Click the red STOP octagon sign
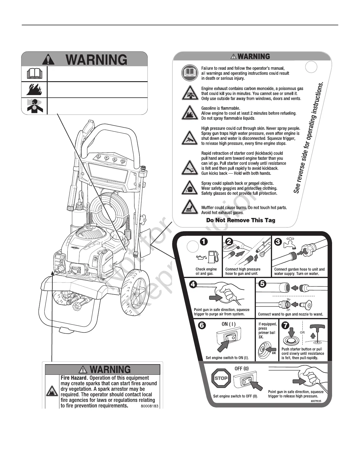[221, 378]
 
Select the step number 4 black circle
[194, 284]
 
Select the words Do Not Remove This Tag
[241, 220]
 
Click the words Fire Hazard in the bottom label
[74, 378]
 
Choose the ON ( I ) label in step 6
[229, 324]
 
